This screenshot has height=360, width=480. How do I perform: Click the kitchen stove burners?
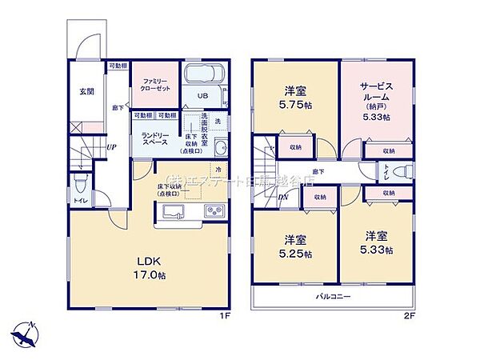pyautogui.click(x=215, y=211)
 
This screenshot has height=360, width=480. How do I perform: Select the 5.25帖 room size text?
pyautogui.click(x=296, y=254)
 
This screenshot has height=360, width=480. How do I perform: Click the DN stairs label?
pyautogui.click(x=282, y=200)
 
